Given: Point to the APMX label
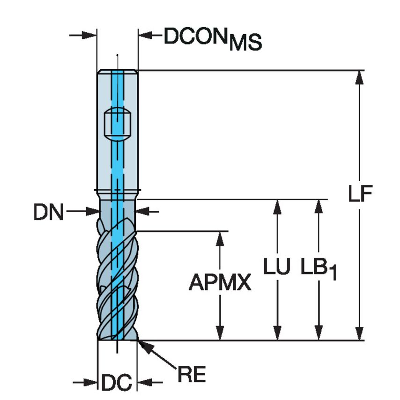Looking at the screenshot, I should coord(220,283).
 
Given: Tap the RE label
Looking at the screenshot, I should coord(191,375).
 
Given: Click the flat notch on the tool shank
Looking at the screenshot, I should coord(117,124).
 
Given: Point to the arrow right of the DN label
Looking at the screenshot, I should coord(143,212).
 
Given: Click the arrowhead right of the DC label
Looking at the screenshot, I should coord(143,382).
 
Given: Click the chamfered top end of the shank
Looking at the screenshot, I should coord(117,72).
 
